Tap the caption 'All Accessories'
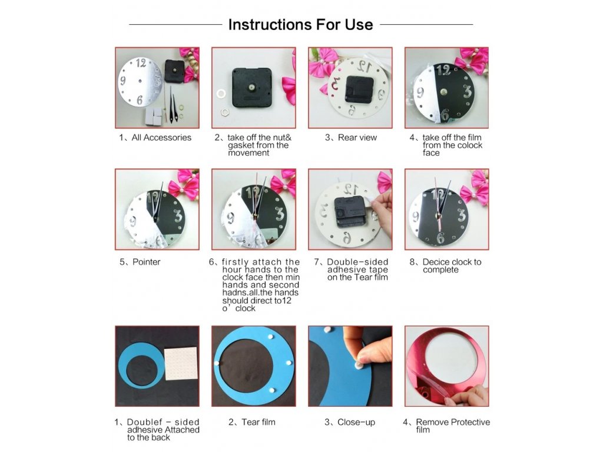click(161, 138)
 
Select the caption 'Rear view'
click(357, 138)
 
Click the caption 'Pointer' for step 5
click(146, 262)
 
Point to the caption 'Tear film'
click(259, 422)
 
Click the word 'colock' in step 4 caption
click(469, 145)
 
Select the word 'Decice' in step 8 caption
click(435, 262)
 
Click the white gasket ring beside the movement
click(221, 94)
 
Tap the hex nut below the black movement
click(225, 112)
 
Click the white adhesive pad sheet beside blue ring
click(181, 364)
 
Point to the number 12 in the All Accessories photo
click(141, 63)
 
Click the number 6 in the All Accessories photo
click(139, 100)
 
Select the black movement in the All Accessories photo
click(174, 71)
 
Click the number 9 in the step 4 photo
click(420, 92)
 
